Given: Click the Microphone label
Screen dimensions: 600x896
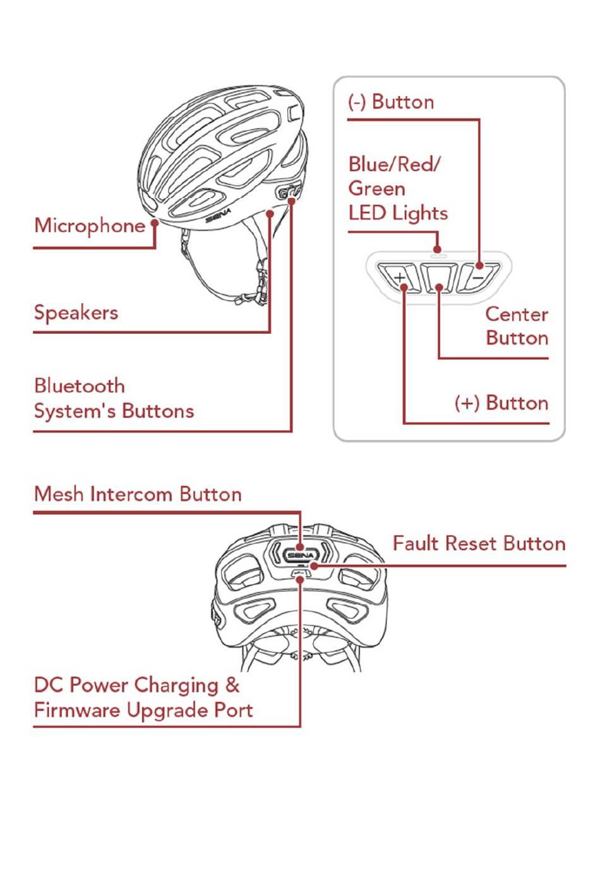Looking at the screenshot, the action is pyautogui.click(x=90, y=226).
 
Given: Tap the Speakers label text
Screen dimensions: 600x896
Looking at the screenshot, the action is pyautogui.click(x=76, y=313).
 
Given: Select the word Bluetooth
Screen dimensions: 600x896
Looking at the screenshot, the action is pyautogui.click(x=80, y=386).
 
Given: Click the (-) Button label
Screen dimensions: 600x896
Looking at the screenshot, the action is pyautogui.click(x=391, y=102).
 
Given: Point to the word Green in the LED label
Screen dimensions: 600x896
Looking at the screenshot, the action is pyautogui.click(x=376, y=189).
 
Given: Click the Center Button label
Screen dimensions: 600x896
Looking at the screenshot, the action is pyautogui.click(x=517, y=326).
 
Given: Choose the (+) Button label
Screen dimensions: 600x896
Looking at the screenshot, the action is pyautogui.click(x=501, y=403).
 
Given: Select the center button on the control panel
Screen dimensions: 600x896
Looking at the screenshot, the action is pyautogui.click(x=439, y=278).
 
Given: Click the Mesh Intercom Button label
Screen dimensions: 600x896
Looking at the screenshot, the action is pyautogui.click(x=138, y=495).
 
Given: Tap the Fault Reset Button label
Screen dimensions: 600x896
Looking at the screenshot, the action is pyautogui.click(x=479, y=544).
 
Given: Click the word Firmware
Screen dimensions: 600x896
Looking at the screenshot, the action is pyautogui.click(x=78, y=710).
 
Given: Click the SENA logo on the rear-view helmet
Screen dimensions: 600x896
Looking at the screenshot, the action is pyautogui.click(x=301, y=555).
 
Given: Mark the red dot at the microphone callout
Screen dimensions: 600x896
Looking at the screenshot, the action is pyautogui.click(x=155, y=222).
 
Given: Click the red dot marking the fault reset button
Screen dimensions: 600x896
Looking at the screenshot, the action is pyautogui.click(x=314, y=566).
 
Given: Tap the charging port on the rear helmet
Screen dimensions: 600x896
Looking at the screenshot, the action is pyautogui.click(x=300, y=574).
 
